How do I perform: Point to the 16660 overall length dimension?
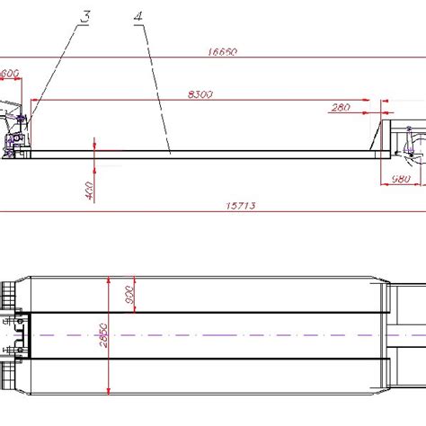tap(221, 53)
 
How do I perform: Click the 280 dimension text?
tap(340, 108)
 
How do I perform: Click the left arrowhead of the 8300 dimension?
tap(34, 100)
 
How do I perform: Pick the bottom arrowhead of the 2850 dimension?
tap(110, 392)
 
